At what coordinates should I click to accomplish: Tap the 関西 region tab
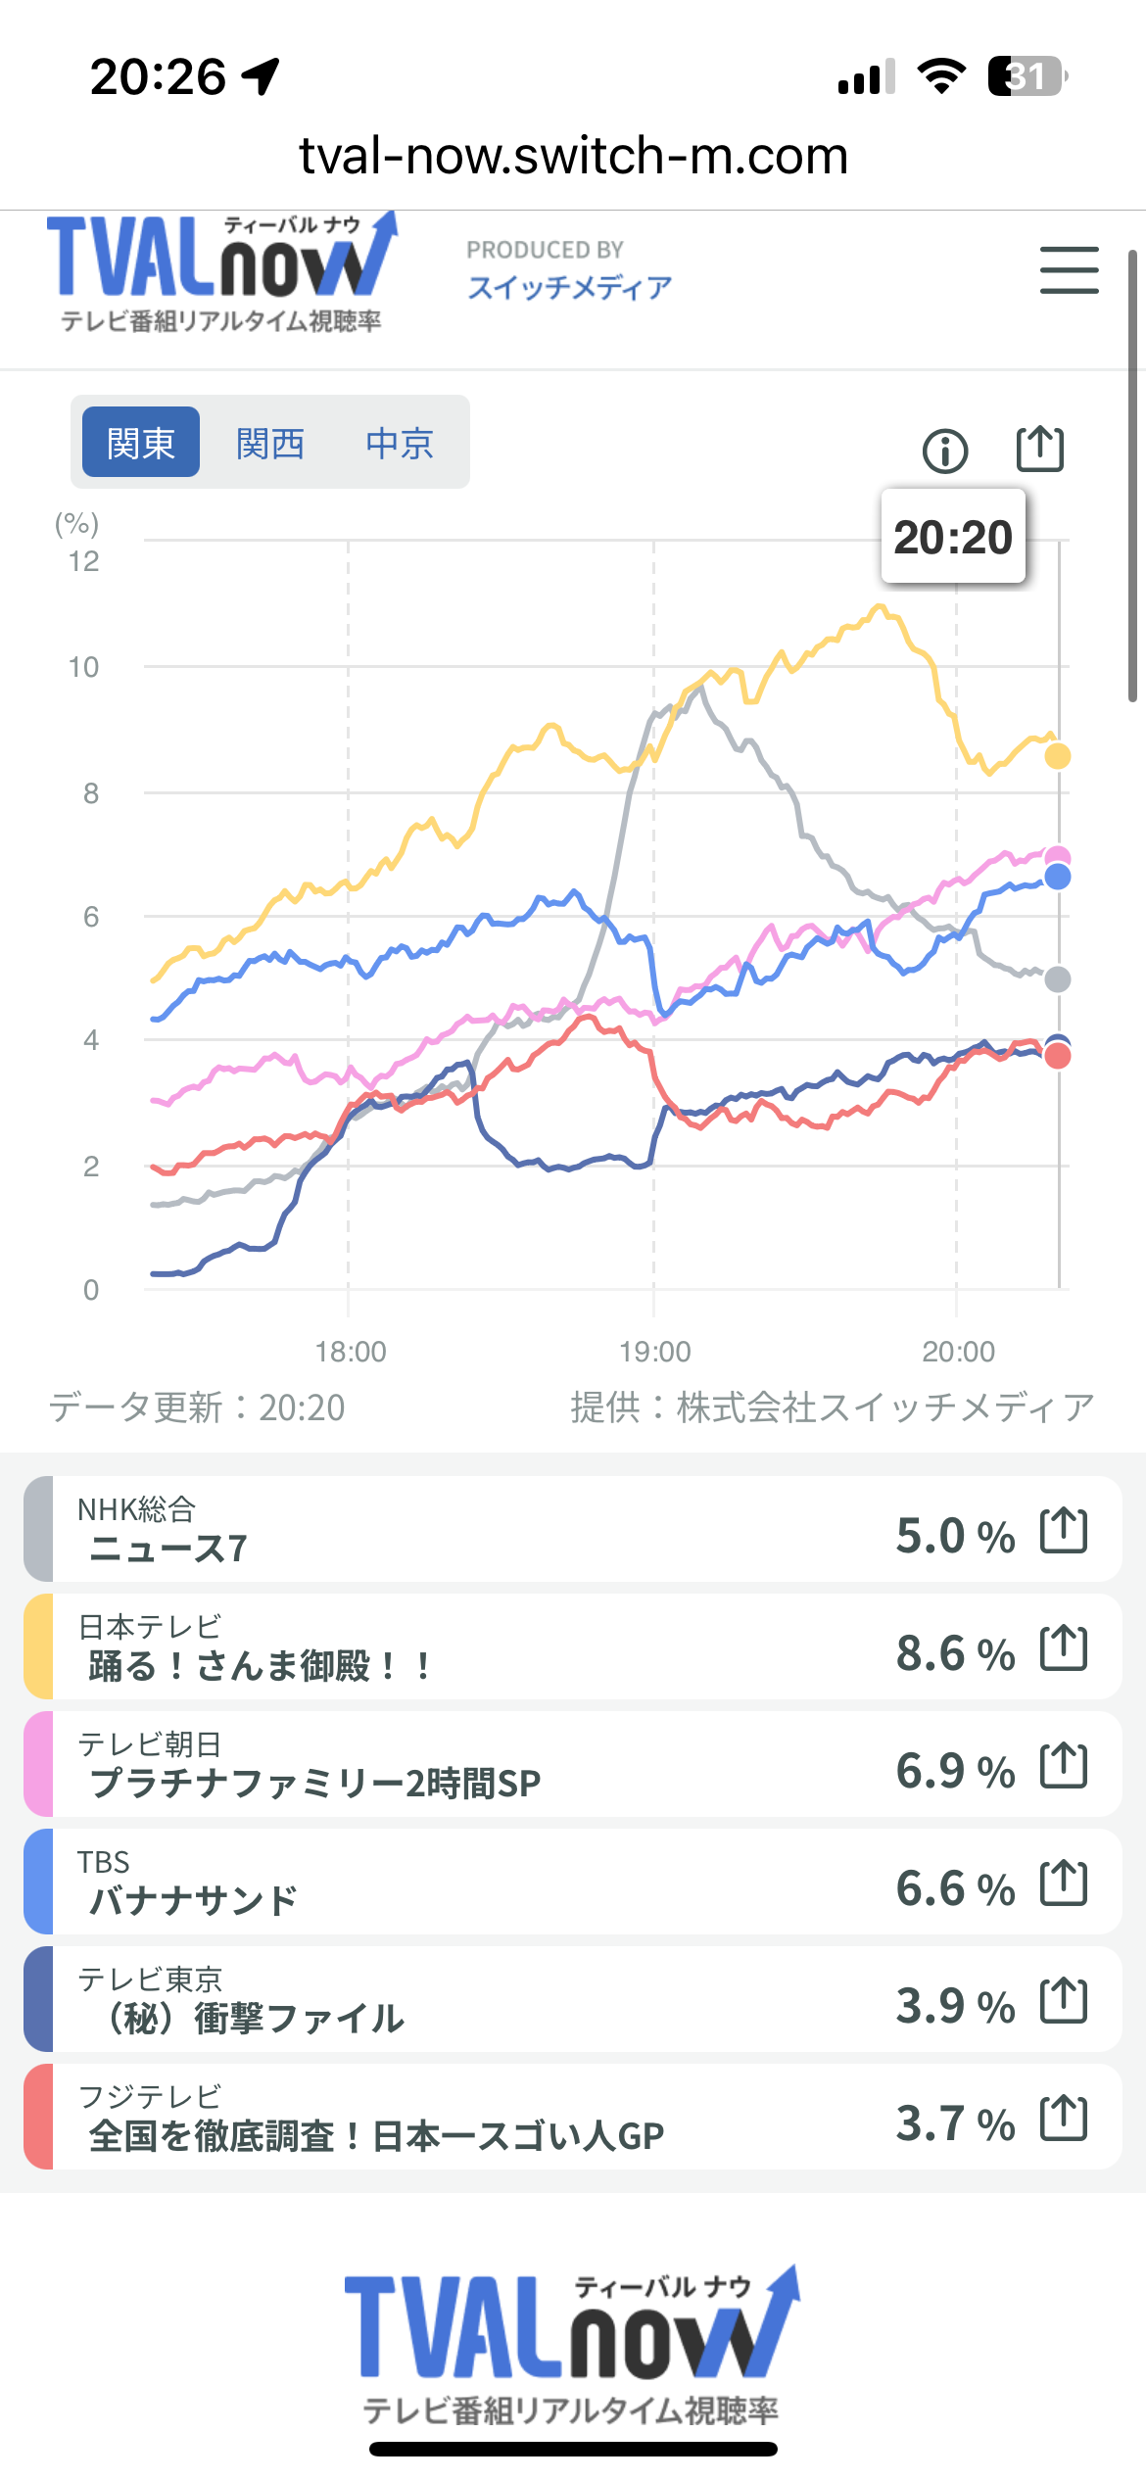pyautogui.click(x=270, y=444)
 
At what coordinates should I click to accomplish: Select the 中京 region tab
pyautogui.click(x=400, y=444)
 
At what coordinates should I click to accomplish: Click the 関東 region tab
pyautogui.click(x=141, y=444)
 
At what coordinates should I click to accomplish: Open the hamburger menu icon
pyautogui.click(x=1069, y=270)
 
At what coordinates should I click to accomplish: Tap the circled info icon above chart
pyautogui.click(x=945, y=451)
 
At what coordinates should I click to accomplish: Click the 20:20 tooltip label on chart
pyautogui.click(x=953, y=537)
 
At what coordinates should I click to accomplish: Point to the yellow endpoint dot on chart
pyautogui.click(x=1058, y=756)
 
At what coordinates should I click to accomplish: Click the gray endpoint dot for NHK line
pyautogui.click(x=1058, y=978)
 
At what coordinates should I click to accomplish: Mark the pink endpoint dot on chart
pyautogui.click(x=1058, y=857)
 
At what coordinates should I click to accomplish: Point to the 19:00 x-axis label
pyautogui.click(x=654, y=1352)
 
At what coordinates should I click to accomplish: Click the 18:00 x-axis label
pyautogui.click(x=350, y=1352)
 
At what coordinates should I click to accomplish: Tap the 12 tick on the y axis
pyautogui.click(x=84, y=561)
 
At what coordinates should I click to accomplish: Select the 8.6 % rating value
pyautogui.click(x=955, y=1653)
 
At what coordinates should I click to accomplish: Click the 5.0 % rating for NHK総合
pyautogui.click(x=955, y=1536)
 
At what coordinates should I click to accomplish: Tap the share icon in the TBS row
pyautogui.click(x=1064, y=1883)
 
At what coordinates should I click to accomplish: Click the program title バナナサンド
pyautogui.click(x=193, y=1901)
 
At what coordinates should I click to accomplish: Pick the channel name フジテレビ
pyautogui.click(x=150, y=2096)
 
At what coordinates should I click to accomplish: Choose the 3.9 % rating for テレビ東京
pyautogui.click(x=955, y=2006)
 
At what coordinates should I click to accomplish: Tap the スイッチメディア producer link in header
pyautogui.click(x=569, y=287)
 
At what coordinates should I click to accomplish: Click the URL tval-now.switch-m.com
pyautogui.click(x=573, y=156)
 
